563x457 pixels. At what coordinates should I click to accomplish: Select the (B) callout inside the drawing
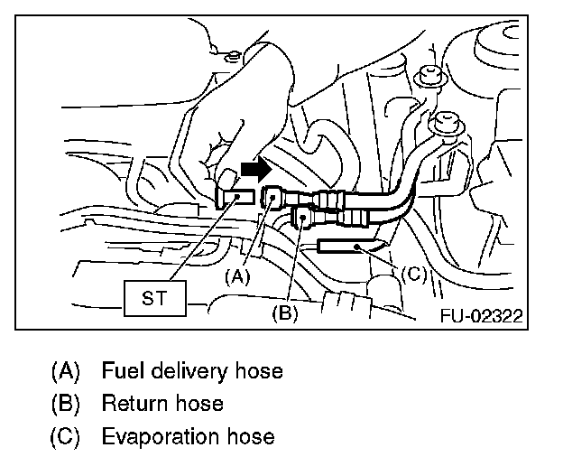coord(284,314)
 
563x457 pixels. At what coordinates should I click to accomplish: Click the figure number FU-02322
coord(483,317)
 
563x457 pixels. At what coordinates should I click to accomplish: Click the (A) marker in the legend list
coord(67,371)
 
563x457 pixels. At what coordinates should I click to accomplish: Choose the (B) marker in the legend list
coord(67,404)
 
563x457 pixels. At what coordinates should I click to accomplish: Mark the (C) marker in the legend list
coord(67,436)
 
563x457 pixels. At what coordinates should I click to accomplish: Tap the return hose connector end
coord(303,218)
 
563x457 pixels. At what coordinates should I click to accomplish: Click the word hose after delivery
coord(258,371)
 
